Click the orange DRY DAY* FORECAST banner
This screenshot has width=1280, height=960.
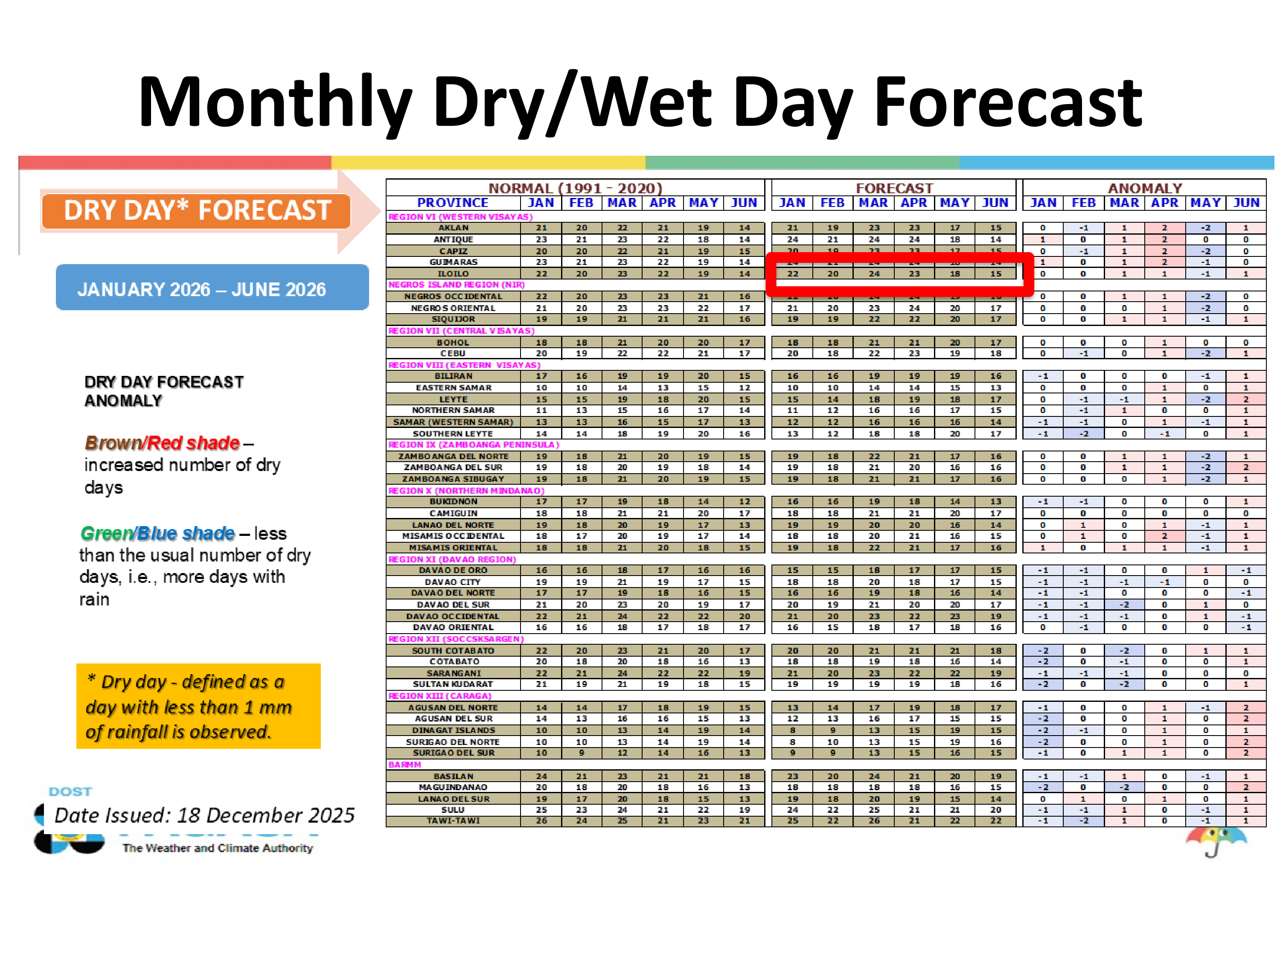coord(196,211)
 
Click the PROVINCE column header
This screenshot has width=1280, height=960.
coord(453,203)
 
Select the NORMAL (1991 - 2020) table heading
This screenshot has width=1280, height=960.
coord(575,188)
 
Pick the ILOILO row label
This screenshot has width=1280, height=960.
coord(453,274)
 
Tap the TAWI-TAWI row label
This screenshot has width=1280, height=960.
coord(453,820)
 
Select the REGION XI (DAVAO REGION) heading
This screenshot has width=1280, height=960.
coord(452,559)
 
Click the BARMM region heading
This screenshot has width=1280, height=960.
coord(404,765)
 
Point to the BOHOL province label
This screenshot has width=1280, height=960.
coord(453,343)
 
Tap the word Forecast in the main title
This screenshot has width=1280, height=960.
coord(1007,103)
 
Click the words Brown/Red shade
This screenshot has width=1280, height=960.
coord(162,443)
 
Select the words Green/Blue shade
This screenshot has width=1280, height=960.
coord(157,533)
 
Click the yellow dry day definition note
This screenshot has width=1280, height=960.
coord(198,706)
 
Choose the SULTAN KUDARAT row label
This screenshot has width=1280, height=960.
coord(453,684)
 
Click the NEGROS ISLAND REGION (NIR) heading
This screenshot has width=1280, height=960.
coord(456,285)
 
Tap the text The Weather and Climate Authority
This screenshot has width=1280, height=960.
coord(218,848)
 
